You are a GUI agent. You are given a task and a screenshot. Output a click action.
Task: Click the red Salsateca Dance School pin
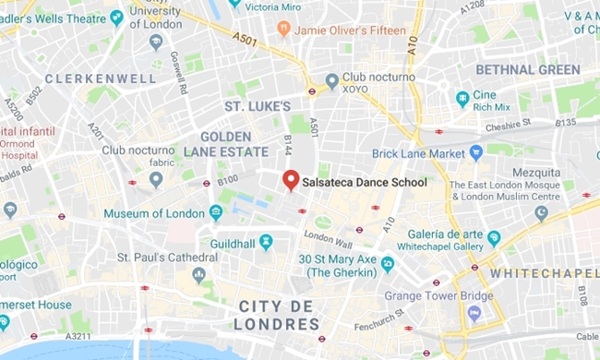pyautogui.click(x=290, y=180)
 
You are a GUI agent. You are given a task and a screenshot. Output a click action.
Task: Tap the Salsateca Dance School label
pyautogui.click(x=365, y=183)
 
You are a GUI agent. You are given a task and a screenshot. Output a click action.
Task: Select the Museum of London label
pyautogui.click(x=154, y=214)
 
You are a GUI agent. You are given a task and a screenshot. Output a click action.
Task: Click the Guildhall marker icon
pyautogui.click(x=266, y=241)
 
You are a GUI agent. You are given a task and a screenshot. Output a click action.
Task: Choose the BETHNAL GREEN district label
pyautogui.click(x=527, y=69)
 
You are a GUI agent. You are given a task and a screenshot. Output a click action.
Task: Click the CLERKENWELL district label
pyautogui.click(x=101, y=78)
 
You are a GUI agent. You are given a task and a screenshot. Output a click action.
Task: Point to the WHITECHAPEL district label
pyautogui.click(x=545, y=273)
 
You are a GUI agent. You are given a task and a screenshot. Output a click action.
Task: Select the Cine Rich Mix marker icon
pyautogui.click(x=462, y=99)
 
